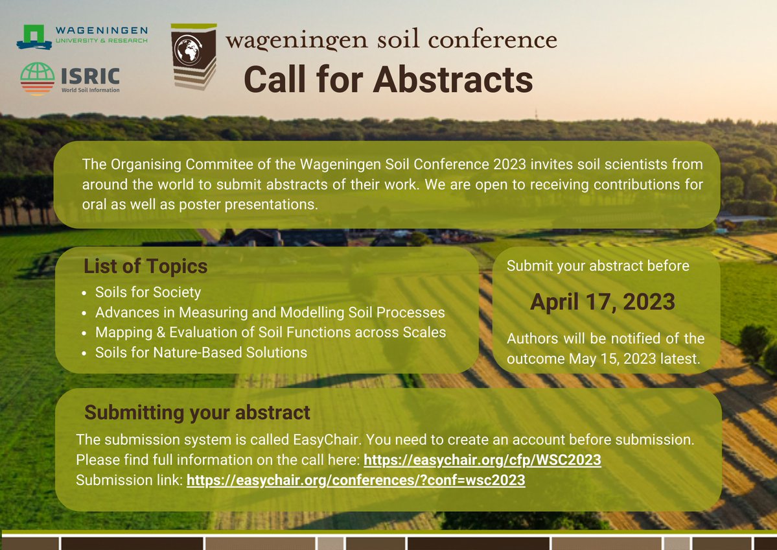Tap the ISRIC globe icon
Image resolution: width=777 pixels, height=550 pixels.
(x=37, y=79)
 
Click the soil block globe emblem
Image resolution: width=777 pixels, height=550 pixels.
(x=192, y=56)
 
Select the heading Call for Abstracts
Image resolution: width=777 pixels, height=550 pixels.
(x=388, y=80)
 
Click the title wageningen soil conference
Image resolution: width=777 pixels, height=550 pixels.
(x=391, y=40)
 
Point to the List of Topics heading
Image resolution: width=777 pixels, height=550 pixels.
(x=146, y=267)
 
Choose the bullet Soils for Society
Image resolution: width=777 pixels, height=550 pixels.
(x=148, y=292)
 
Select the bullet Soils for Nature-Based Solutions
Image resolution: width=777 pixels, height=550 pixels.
(x=201, y=353)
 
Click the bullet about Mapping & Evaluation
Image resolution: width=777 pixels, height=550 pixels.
(x=270, y=332)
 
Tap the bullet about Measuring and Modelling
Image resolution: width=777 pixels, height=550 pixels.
(x=270, y=312)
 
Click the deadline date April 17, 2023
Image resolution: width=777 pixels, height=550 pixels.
(x=603, y=302)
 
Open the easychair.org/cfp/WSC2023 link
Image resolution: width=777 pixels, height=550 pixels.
(x=483, y=460)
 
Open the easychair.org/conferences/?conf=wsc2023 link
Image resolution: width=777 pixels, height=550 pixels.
(x=356, y=481)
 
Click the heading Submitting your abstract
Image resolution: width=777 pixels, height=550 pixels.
(x=198, y=413)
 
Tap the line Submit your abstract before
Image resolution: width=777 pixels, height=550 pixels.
(x=597, y=266)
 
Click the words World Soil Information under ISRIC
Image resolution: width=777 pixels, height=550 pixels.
(x=90, y=90)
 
